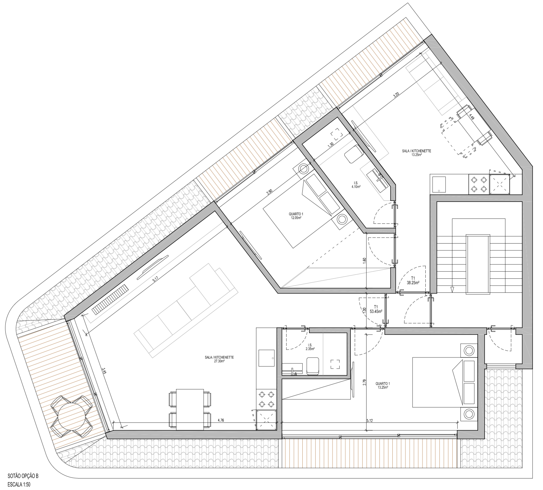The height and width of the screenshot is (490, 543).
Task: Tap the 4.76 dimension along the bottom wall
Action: click(221, 420)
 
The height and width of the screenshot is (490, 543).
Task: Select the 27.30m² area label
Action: click(219, 361)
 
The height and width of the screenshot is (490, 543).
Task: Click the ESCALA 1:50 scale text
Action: click(19, 484)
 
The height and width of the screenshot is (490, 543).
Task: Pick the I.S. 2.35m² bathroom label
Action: click(310, 347)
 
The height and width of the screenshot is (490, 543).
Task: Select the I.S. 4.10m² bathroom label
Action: click(356, 185)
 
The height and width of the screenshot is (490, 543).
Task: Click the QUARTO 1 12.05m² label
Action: click(296, 216)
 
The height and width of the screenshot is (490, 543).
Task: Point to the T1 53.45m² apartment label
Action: click(376, 310)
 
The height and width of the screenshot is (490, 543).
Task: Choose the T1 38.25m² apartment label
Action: click(413, 280)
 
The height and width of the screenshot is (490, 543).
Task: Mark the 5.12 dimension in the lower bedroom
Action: click(370, 420)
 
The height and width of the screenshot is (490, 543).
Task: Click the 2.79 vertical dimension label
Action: click(364, 382)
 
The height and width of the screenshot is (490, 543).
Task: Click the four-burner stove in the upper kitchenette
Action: click(479, 184)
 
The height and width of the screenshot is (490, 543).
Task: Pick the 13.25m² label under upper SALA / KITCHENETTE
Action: click(417, 155)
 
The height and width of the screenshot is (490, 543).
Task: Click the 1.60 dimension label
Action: click(364, 259)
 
